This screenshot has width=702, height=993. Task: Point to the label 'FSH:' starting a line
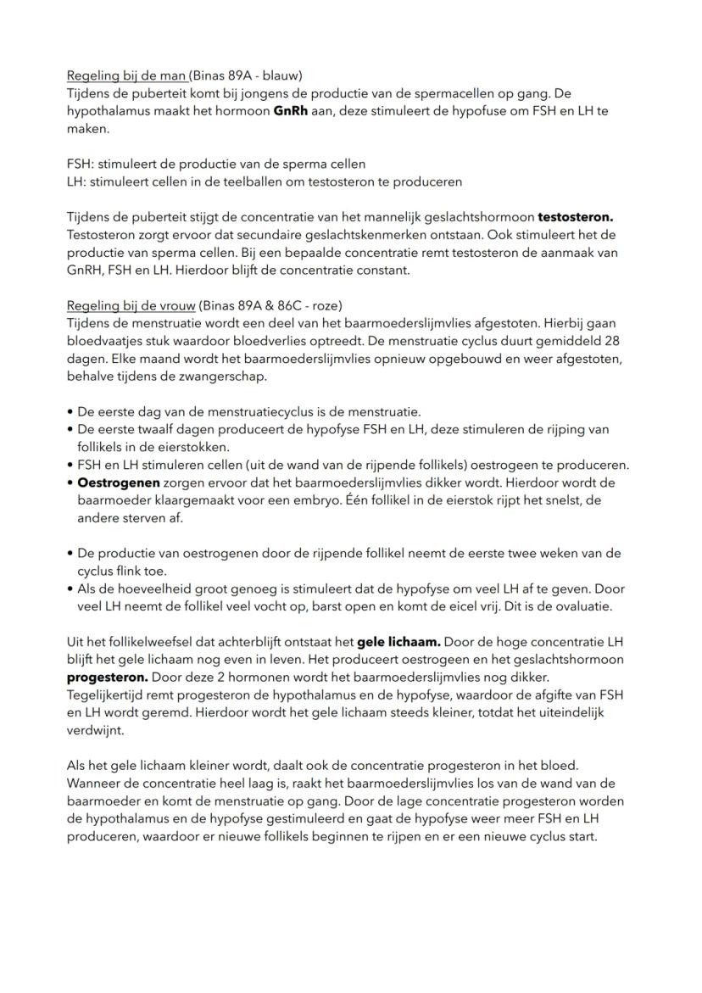point(81,164)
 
